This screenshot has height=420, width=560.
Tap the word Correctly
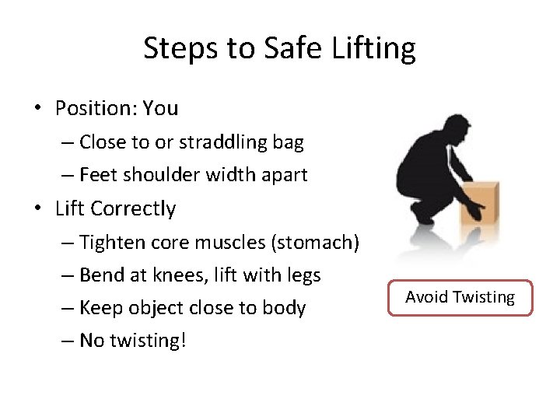tap(133, 208)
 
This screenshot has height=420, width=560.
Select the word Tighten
tap(111, 243)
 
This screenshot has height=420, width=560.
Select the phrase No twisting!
tap(132, 341)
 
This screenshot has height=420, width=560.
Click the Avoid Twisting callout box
tap(460, 297)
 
